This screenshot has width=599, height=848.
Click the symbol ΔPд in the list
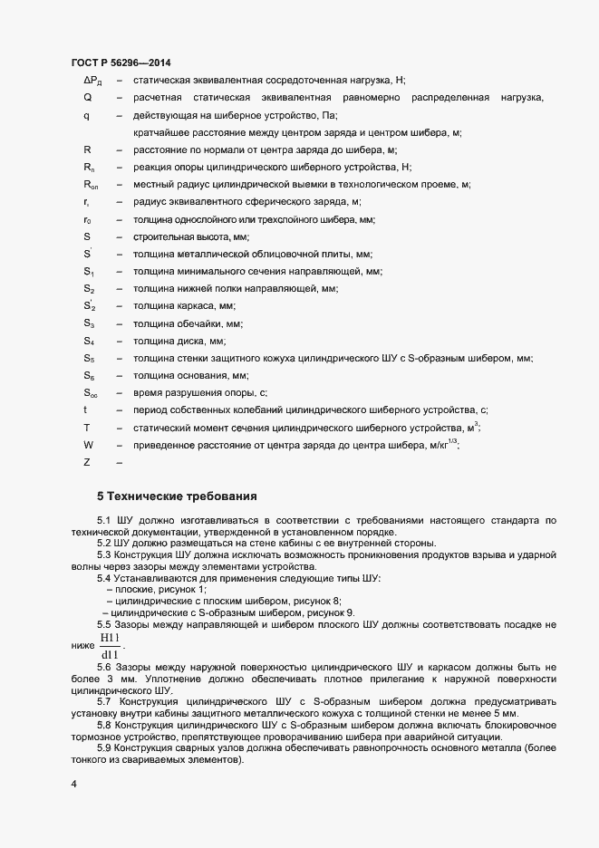pos(92,80)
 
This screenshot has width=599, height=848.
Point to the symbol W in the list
pos(89,445)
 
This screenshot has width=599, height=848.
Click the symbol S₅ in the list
pos(89,358)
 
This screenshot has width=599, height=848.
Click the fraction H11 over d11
pos(109,646)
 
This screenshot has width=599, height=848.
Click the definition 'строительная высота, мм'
pos(184,236)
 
